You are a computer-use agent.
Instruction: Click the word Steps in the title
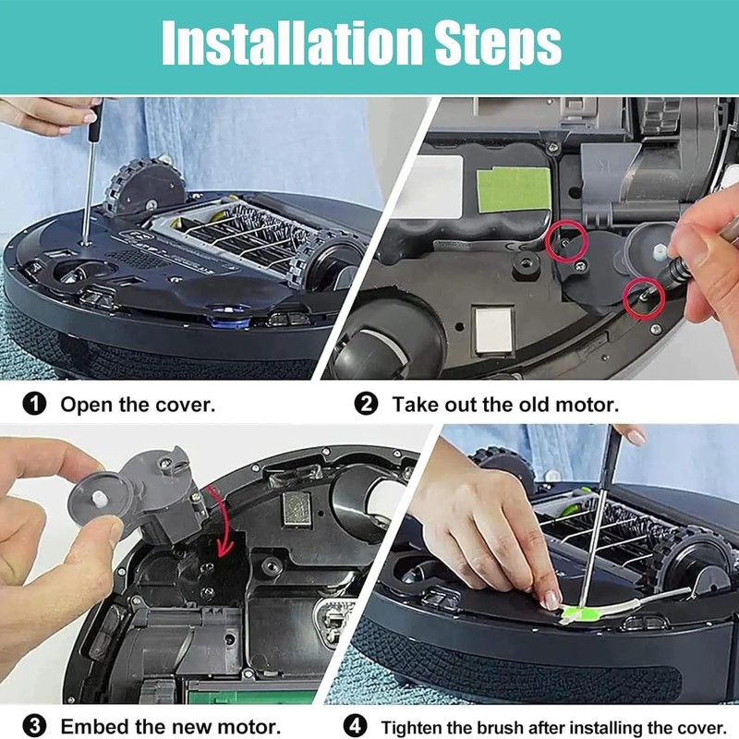click(498, 43)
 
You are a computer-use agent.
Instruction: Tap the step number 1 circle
click(34, 405)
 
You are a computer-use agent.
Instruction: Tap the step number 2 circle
click(366, 405)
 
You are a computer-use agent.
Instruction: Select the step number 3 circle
click(34, 726)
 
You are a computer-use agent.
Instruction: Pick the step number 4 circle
click(356, 726)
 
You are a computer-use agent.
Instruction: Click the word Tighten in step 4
click(413, 727)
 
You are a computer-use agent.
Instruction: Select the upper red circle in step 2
click(566, 241)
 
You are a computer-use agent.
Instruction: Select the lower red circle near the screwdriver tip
click(643, 297)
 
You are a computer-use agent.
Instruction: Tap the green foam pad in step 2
click(514, 190)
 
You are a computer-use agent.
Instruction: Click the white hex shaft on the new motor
click(98, 499)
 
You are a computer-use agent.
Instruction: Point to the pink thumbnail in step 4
click(550, 600)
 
